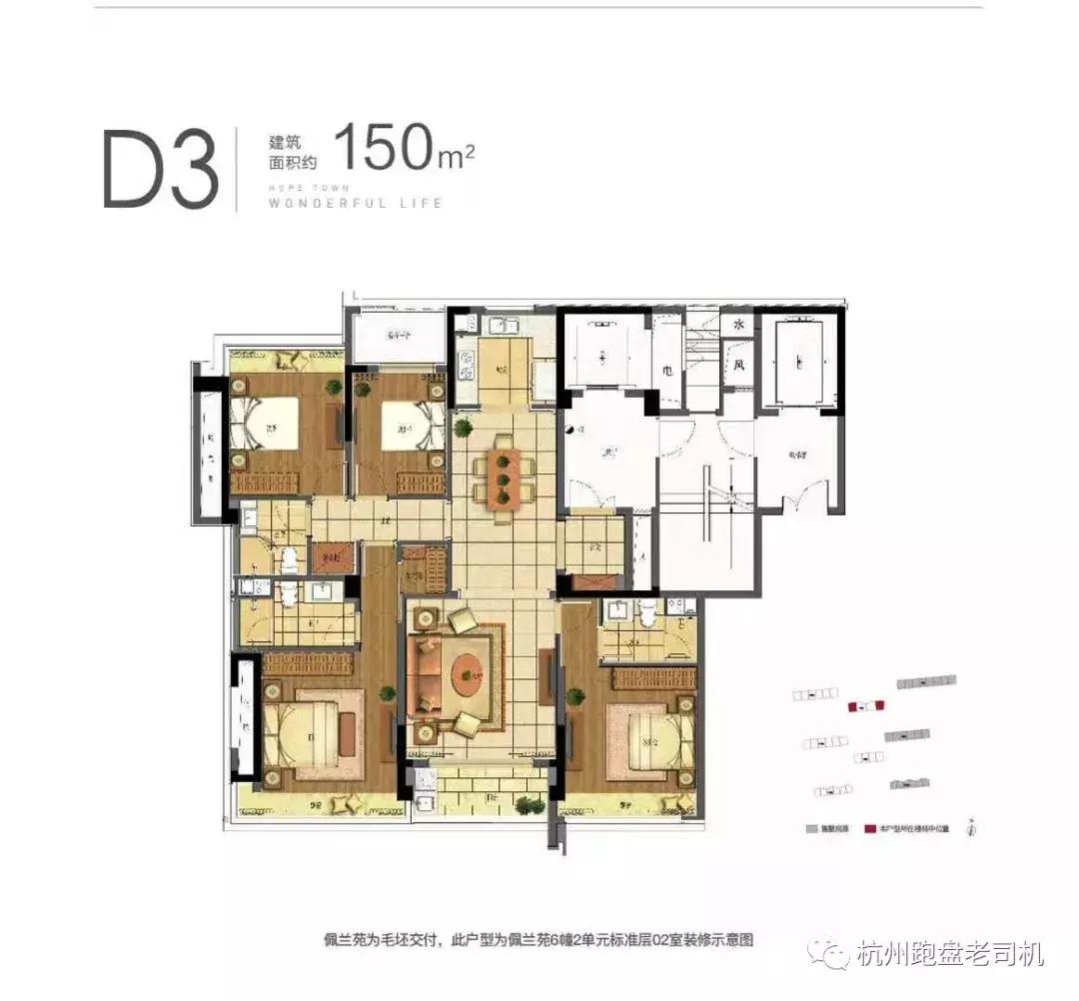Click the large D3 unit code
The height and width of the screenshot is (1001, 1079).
[160, 169]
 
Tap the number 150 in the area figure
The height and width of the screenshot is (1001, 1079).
[382, 147]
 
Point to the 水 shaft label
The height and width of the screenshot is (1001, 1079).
[739, 326]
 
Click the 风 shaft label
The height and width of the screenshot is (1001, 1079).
[739, 365]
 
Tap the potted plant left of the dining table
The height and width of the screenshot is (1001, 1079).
[463, 430]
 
